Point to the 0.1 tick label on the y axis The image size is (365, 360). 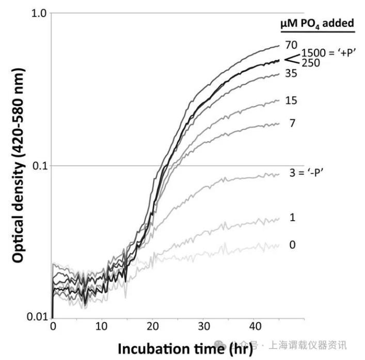[x=38, y=166]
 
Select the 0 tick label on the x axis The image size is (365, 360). [x=53, y=327]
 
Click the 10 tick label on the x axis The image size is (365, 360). [x=102, y=327]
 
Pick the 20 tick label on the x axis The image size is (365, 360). [x=152, y=327]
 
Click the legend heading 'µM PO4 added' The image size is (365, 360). [x=316, y=23]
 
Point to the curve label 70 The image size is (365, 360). [x=291, y=44]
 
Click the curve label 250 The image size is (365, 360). [x=311, y=63]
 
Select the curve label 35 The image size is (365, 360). [x=291, y=74]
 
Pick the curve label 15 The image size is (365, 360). [x=291, y=100]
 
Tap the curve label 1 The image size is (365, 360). [x=292, y=218]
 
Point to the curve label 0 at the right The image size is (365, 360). [x=292, y=244]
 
